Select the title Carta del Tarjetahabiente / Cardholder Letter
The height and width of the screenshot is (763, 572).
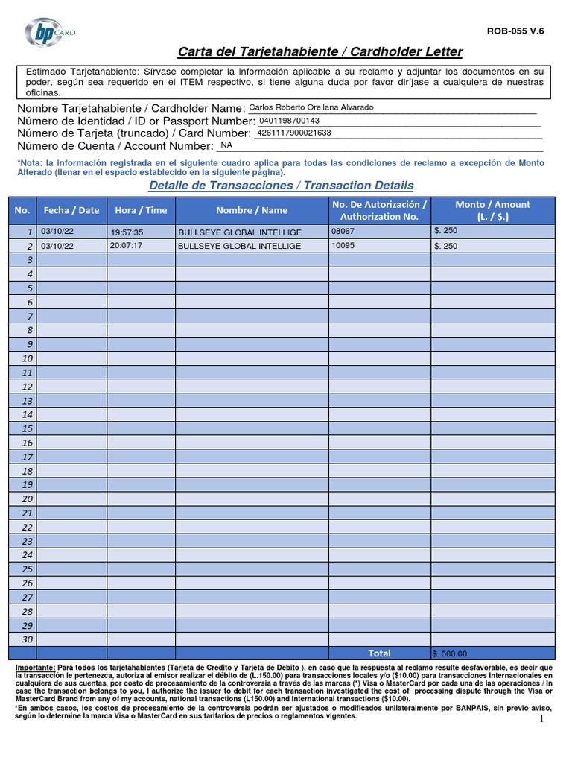coord(320,51)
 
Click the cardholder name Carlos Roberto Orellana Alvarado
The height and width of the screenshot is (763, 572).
coord(311,107)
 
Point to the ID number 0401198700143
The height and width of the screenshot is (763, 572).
coord(289,121)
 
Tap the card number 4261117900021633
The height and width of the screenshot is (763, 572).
coord(293,133)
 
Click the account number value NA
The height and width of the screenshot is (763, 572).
coord(226,145)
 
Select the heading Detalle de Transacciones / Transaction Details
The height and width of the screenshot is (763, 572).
coord(281,185)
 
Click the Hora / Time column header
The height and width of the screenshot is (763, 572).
coord(141,210)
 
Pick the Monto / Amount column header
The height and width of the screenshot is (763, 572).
coord(492,210)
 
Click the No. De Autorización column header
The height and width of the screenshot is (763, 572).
coord(379,210)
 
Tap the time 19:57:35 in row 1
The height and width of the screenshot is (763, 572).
coord(127,232)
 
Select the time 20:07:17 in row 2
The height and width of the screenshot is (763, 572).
coord(126,245)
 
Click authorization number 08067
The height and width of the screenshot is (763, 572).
coord(343,232)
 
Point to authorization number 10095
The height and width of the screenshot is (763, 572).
coord(343,245)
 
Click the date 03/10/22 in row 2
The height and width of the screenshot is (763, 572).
coord(57,246)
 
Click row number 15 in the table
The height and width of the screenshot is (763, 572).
coord(28,428)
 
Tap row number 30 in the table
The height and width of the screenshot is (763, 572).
coord(28,639)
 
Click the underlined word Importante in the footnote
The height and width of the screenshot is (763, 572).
coord(35,668)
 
